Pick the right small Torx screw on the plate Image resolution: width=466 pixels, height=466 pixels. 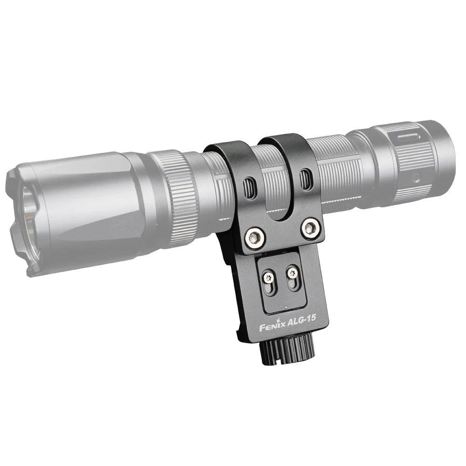292,273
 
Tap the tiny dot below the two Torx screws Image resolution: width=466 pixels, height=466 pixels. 286,308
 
